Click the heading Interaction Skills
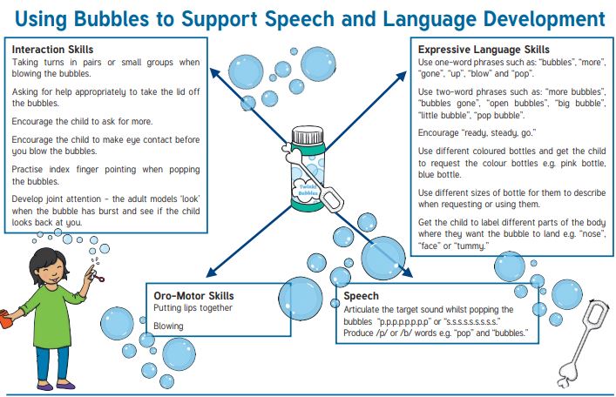tap(52, 50)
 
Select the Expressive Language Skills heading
tap(484, 50)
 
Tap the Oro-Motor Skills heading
tap(193, 296)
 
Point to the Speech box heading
tap(361, 296)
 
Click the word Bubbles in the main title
tap(112, 19)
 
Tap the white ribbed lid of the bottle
tap(308, 135)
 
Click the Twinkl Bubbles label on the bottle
tap(308, 190)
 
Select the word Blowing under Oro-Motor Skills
tap(168, 326)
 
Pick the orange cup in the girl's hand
tap(5, 319)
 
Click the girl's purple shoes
tap(56, 385)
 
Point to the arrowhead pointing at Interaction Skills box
tap(214, 73)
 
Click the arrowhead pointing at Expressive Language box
tap(402, 76)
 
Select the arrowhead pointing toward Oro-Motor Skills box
tap(211, 273)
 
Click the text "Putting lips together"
tap(193, 308)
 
